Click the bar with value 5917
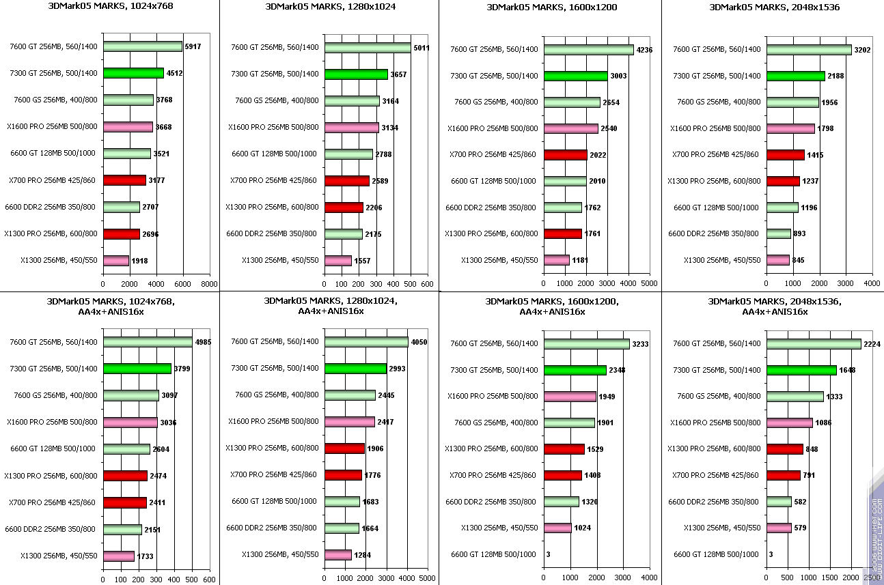(x=143, y=46)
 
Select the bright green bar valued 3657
(x=356, y=74)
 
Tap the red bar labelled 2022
(x=566, y=155)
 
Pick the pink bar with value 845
(x=778, y=260)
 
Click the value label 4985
(x=203, y=342)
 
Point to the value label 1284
(x=363, y=555)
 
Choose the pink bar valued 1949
(x=570, y=396)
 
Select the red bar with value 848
(x=785, y=449)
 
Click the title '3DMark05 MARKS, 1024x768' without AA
(x=110, y=7)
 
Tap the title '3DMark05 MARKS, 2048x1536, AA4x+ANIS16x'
(x=775, y=306)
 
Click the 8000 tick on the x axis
(x=210, y=283)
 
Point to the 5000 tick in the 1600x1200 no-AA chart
(x=650, y=283)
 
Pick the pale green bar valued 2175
(x=344, y=234)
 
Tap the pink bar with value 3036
(x=130, y=423)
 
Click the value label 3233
(x=640, y=344)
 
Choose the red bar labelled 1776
(x=344, y=475)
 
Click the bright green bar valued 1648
(x=801, y=370)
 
